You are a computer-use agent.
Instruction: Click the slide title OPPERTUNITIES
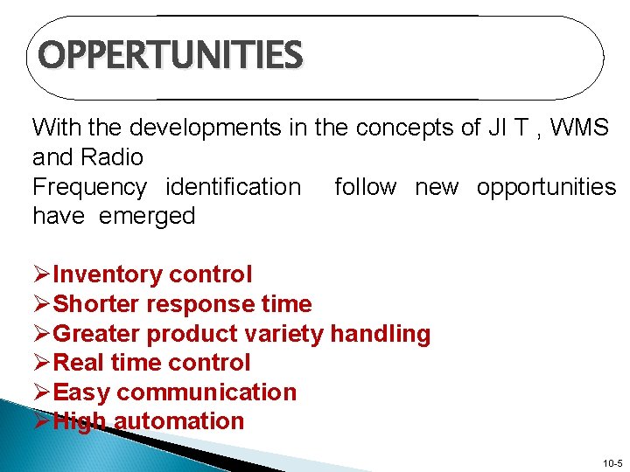pyautogui.click(x=171, y=56)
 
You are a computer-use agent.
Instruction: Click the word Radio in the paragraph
pyautogui.click(x=113, y=157)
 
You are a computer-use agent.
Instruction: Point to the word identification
pyautogui.click(x=233, y=187)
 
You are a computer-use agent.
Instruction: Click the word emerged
pyautogui.click(x=147, y=216)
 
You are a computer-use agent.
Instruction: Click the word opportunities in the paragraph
pyautogui.click(x=546, y=187)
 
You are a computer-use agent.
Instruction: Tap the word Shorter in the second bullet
pyautogui.click(x=97, y=304)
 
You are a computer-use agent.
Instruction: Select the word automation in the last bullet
pyautogui.click(x=178, y=421)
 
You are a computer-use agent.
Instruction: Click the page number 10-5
pyautogui.click(x=612, y=462)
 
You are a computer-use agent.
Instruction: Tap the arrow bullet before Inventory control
pyautogui.click(x=42, y=274)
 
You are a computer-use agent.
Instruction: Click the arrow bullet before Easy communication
pyautogui.click(x=42, y=392)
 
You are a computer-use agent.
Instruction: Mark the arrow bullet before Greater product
pyautogui.click(x=42, y=334)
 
